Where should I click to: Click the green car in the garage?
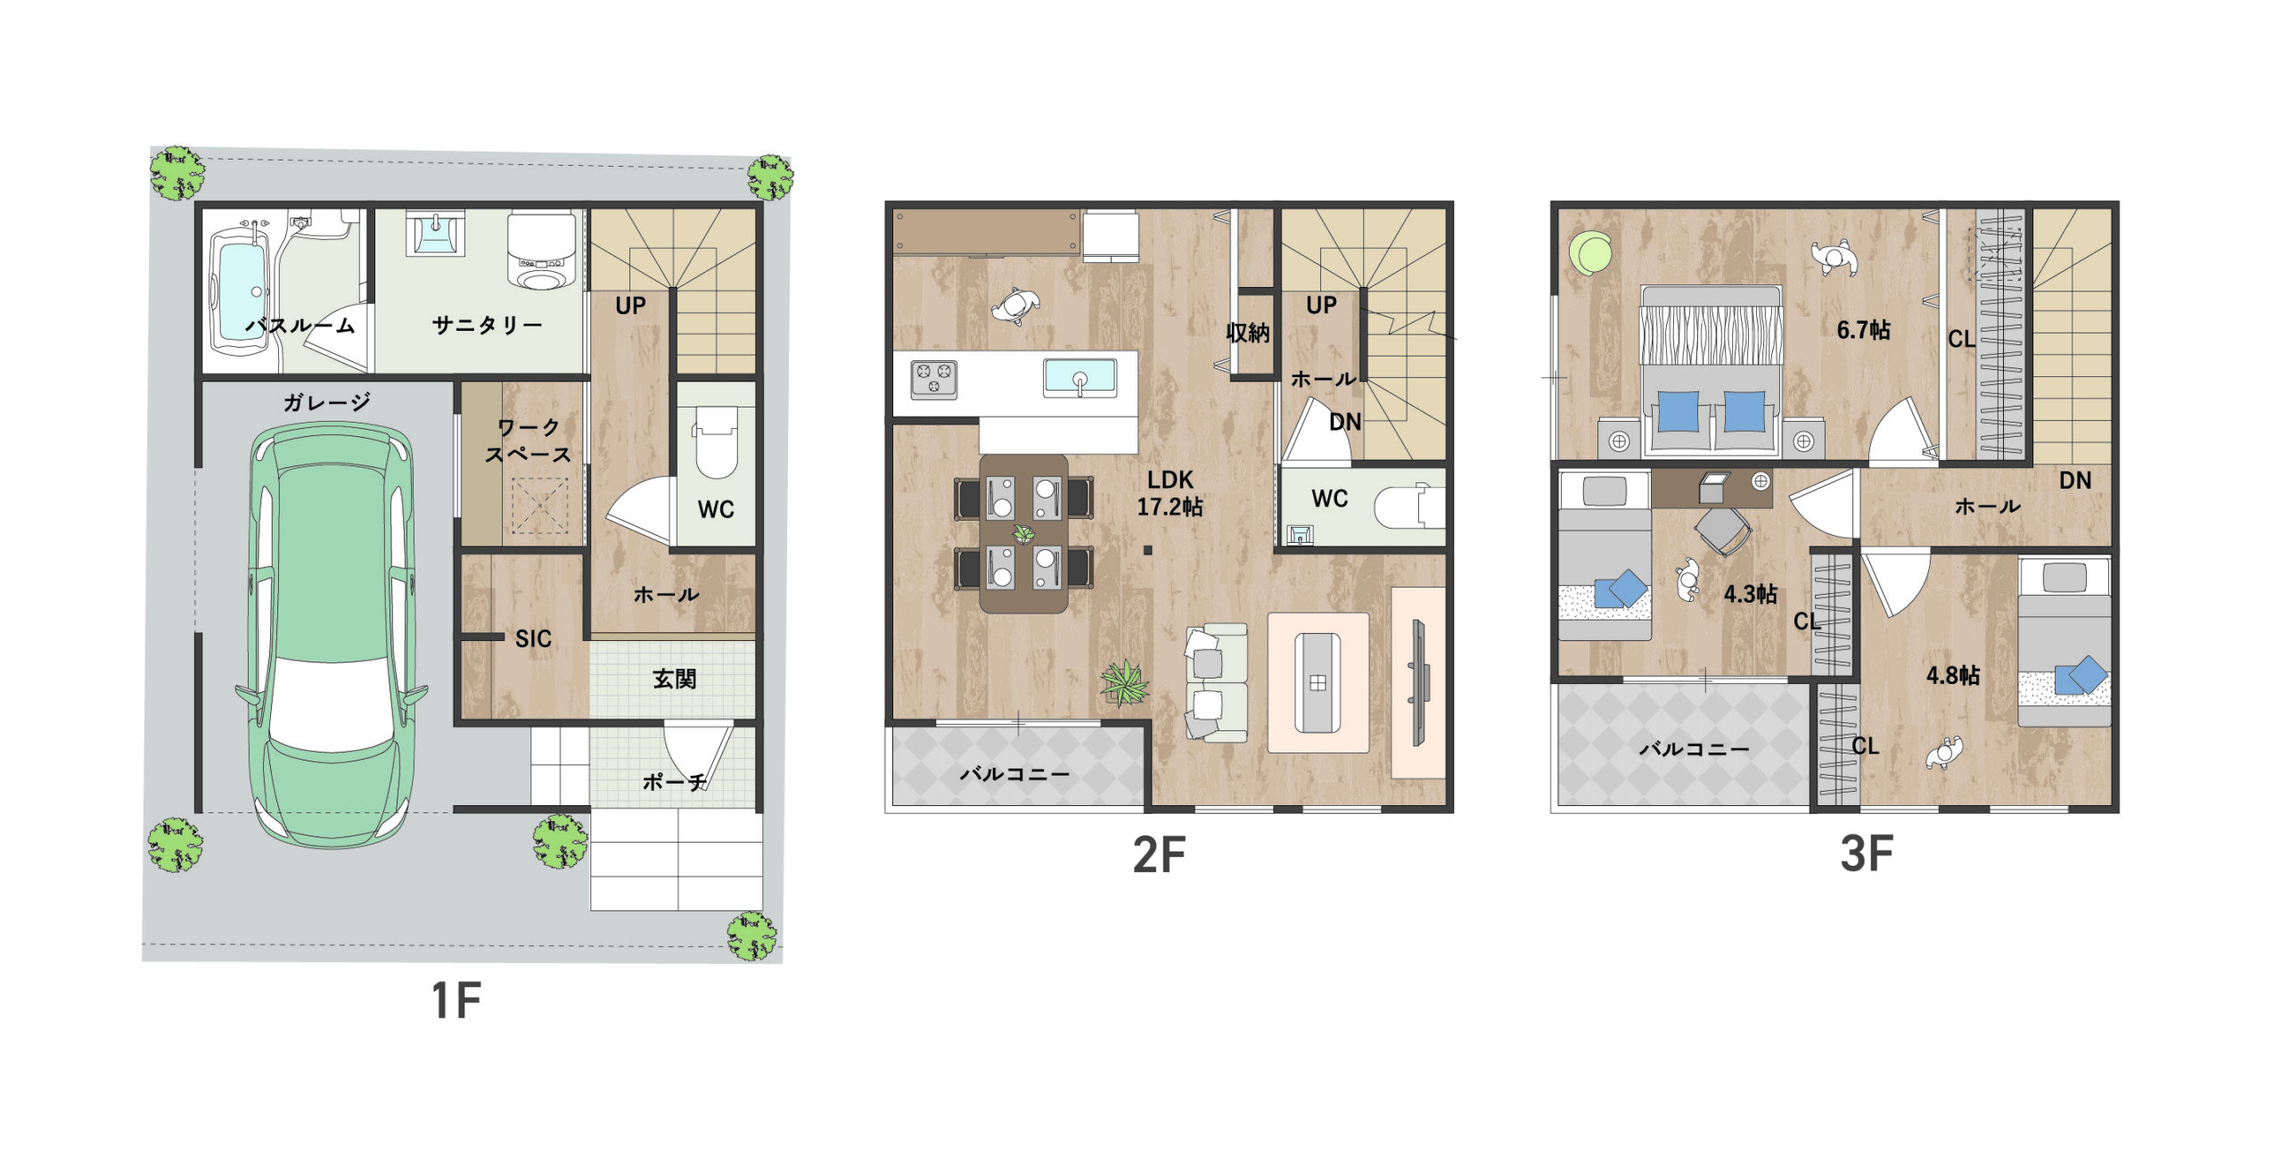pos(331,636)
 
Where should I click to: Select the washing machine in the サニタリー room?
pos(541,251)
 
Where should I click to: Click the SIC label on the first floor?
pos(533,638)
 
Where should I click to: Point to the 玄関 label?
pos(674,679)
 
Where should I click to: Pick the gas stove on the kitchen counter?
pos(933,380)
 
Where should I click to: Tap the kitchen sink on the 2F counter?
pos(1079,377)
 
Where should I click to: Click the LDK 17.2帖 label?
pos(1170,493)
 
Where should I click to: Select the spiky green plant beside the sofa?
pos(1124,683)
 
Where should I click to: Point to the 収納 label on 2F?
pos(1247,333)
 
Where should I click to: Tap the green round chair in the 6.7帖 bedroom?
pos(1591,253)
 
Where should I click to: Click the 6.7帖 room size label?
pos(1863,330)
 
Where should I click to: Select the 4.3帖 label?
pos(1750,594)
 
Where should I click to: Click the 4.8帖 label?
pos(1953,675)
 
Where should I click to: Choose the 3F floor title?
pos(1867,853)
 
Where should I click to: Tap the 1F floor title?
pos(456,1000)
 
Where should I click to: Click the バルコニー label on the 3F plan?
pos(1694,749)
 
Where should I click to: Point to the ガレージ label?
pos(327,402)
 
